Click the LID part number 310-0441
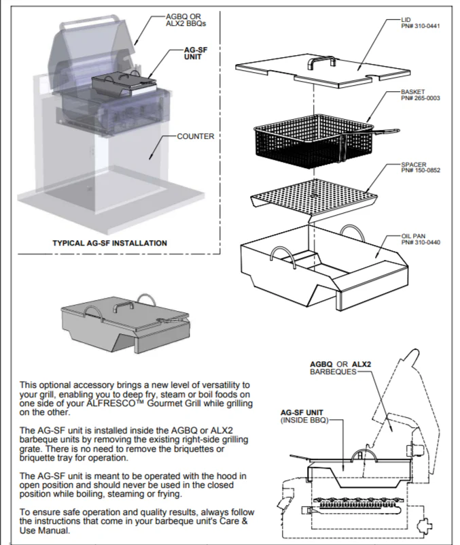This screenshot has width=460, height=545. pos(421,25)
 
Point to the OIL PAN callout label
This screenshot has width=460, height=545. pos(414,235)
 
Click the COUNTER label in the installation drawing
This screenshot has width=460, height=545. pos(195,136)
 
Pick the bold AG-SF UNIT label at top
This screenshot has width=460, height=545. pos(193,53)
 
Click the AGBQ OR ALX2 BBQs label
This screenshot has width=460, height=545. pos(185,19)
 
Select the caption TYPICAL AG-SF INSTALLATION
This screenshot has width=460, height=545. pos(109,243)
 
